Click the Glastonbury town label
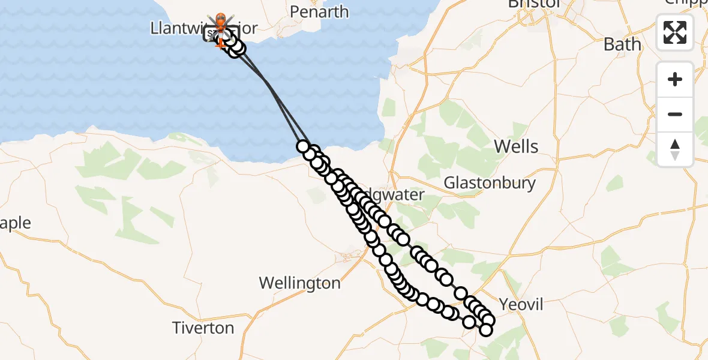click(x=490, y=183)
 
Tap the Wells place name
click(x=515, y=146)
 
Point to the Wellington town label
click(x=299, y=283)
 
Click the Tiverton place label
click(x=203, y=328)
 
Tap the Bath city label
click(x=622, y=44)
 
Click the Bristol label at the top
click(x=533, y=4)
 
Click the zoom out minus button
click(x=675, y=114)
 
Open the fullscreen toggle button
click(x=675, y=32)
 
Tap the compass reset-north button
click(x=675, y=149)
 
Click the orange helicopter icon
click(x=220, y=21)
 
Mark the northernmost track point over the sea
click(x=302, y=146)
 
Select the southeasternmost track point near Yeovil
click(x=486, y=329)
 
